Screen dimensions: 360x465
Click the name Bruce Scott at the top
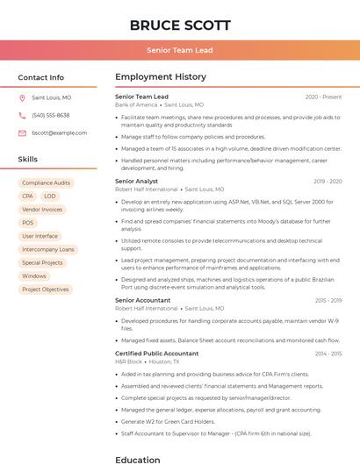tap(180, 25)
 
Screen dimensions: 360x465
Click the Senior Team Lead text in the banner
tap(180, 51)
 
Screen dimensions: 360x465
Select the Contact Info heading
tap(41, 77)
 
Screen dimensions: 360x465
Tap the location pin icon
tap(22, 98)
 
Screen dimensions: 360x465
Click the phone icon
tap(22, 116)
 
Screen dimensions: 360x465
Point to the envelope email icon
tap(22, 133)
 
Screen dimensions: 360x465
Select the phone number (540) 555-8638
tap(51, 116)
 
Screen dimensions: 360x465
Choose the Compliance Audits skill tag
tap(47, 183)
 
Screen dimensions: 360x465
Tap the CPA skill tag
tap(28, 197)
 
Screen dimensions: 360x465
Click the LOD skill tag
tap(50, 197)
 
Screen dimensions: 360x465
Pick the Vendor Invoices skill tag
tap(42, 210)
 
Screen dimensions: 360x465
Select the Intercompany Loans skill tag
tap(47, 250)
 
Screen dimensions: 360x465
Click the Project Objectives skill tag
tap(45, 290)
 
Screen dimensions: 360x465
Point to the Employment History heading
tap(161, 77)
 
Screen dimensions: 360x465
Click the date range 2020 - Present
tap(323, 97)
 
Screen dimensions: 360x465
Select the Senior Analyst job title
tap(136, 182)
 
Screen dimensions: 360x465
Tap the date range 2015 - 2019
tap(328, 301)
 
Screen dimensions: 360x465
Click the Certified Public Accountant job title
tap(157, 354)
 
